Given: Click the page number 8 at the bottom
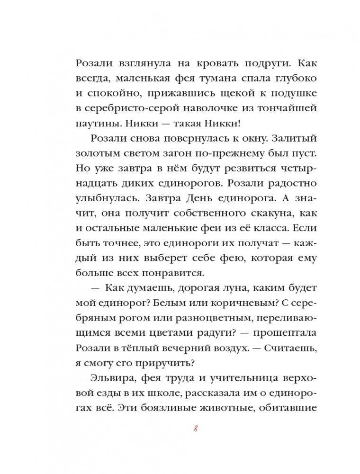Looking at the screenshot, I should tap(196, 429).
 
